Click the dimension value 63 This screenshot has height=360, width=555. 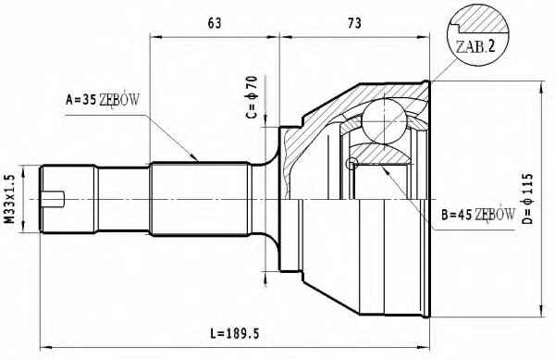(x=215, y=23)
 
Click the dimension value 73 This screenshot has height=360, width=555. (x=354, y=23)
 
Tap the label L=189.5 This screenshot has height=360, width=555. (x=235, y=333)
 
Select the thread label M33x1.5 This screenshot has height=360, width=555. (x=11, y=199)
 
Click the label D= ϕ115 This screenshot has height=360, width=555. (x=526, y=198)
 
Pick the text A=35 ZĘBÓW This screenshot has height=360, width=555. (x=103, y=100)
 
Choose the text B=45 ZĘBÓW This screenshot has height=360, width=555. (x=478, y=214)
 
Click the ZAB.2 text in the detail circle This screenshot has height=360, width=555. (x=475, y=46)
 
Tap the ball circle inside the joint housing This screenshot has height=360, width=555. (x=384, y=121)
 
